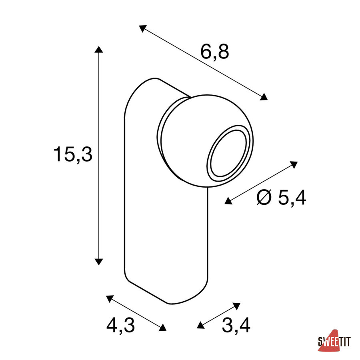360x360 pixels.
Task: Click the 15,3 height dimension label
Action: coord(73,154)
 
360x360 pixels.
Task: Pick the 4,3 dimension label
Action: coord(120,325)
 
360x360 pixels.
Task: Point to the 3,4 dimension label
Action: coord(236,325)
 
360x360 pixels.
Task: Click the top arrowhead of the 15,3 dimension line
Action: coord(99,49)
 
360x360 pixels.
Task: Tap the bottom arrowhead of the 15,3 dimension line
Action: coord(99,262)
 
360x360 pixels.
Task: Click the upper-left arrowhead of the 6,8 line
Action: coord(142,28)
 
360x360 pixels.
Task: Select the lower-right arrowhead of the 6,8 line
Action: coord(264,97)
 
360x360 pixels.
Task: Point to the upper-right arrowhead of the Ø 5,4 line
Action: coord(294,164)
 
